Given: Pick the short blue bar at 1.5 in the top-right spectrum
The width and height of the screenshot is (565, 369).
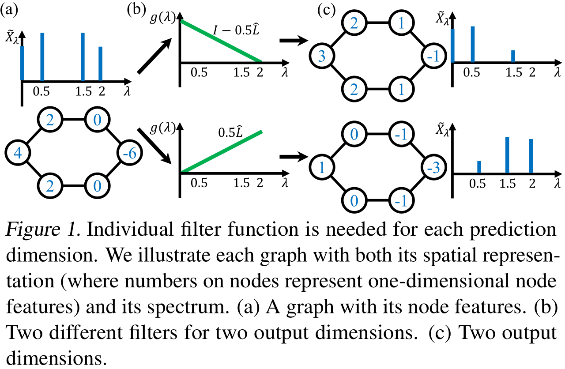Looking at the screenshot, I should (513, 56).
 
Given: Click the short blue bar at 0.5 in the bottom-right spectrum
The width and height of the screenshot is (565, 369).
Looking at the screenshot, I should (479, 166).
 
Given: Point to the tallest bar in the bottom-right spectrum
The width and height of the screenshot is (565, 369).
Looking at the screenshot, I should (507, 155).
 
